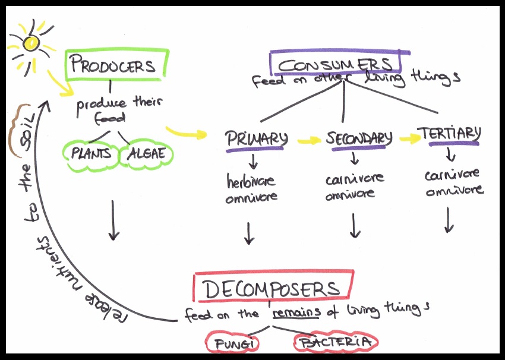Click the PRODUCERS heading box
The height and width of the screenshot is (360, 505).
113,65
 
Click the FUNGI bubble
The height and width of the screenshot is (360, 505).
231,342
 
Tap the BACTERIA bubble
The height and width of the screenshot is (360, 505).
336,342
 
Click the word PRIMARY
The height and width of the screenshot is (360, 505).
256,139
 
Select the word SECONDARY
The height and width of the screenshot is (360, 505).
359,138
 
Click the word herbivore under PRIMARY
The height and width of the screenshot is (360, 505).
250,181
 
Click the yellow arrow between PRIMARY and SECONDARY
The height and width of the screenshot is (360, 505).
308,141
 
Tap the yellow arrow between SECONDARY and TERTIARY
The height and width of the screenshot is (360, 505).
409,138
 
